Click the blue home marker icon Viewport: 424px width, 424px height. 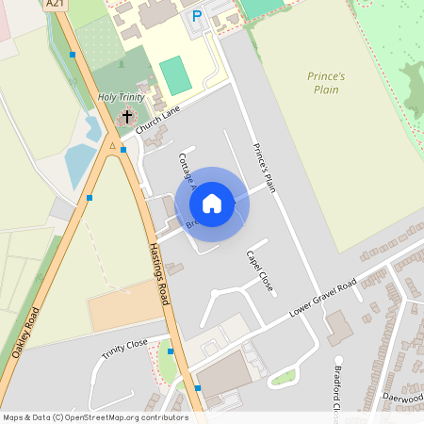pyautogui.click(x=212, y=204)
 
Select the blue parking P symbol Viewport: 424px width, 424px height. pyautogui.click(x=197, y=16)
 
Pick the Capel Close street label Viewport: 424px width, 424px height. pyautogui.click(x=259, y=270)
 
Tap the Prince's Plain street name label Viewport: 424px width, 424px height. pyautogui.click(x=264, y=168)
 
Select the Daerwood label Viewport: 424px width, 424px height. pyautogui.click(x=403, y=398)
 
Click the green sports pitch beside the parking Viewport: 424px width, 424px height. pyautogui.click(x=175, y=75)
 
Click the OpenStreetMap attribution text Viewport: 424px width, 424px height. pyautogui.click(x=94, y=416)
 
